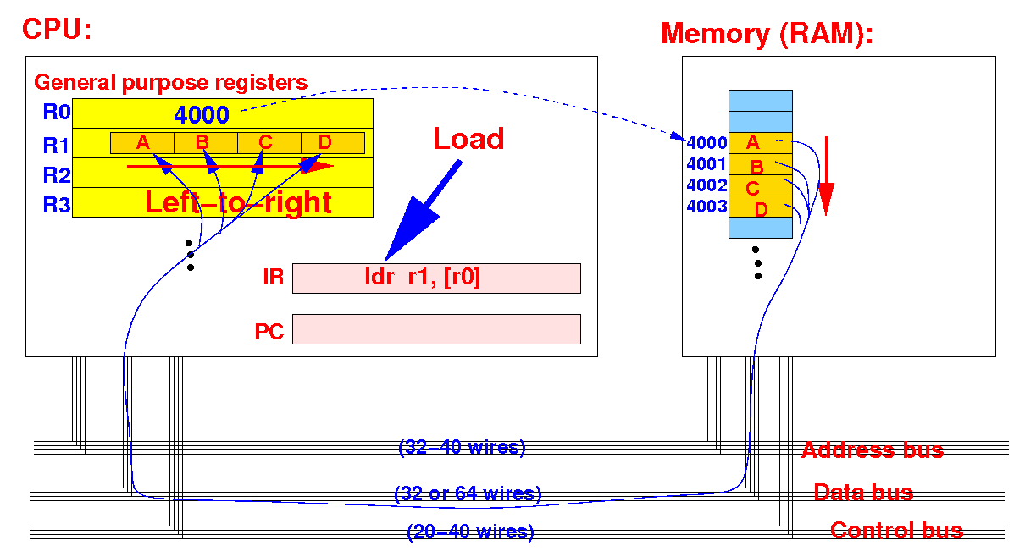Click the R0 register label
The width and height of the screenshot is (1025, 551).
pyautogui.click(x=57, y=112)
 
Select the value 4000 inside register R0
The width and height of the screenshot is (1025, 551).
pyautogui.click(x=202, y=115)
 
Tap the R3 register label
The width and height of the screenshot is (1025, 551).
pyautogui.click(x=57, y=205)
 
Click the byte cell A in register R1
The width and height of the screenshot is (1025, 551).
pyautogui.click(x=142, y=143)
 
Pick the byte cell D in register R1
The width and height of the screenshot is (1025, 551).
pyautogui.click(x=333, y=143)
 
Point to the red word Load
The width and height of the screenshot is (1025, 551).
pyautogui.click(x=468, y=139)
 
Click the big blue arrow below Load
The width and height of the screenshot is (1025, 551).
pyautogui.click(x=423, y=211)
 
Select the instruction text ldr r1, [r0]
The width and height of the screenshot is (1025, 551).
pyautogui.click(x=423, y=277)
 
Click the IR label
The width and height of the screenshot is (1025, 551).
pyautogui.click(x=274, y=277)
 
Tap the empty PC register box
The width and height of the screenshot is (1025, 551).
pyautogui.click(x=436, y=328)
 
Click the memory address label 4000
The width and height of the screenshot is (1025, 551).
pyautogui.click(x=706, y=143)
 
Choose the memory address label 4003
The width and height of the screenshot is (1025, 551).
pyautogui.click(x=706, y=207)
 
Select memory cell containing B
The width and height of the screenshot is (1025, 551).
pyautogui.click(x=761, y=164)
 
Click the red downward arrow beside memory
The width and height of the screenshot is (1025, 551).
pyautogui.click(x=827, y=176)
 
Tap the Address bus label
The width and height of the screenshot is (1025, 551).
pyautogui.click(x=873, y=450)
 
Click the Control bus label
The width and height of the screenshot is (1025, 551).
pyautogui.click(x=897, y=531)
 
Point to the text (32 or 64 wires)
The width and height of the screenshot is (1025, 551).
pyautogui.click(x=468, y=493)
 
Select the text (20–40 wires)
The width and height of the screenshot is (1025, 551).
pyautogui.click(x=470, y=532)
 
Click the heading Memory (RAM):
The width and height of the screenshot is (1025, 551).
pyautogui.click(x=767, y=34)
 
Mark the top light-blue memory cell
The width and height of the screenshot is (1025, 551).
pyautogui.click(x=761, y=101)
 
